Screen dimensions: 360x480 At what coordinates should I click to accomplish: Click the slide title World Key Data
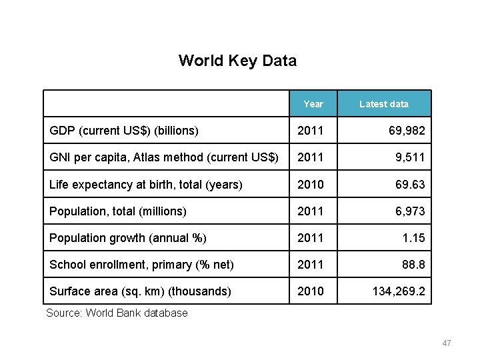tap(237, 61)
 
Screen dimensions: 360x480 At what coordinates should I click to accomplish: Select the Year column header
tap(313, 104)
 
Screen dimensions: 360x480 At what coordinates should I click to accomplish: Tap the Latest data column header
tap(383, 104)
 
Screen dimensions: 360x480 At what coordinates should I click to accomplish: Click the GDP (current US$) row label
tap(124, 131)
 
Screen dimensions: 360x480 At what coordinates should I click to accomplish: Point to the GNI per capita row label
tap(164, 157)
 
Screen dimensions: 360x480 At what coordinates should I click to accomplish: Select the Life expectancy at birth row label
tap(146, 184)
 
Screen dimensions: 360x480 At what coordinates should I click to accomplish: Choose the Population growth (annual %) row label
tap(128, 237)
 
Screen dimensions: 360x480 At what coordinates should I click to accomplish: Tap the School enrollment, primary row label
tap(141, 264)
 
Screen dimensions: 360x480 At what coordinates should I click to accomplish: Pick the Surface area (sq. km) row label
tap(141, 291)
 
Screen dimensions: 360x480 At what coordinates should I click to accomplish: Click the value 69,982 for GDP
tap(407, 131)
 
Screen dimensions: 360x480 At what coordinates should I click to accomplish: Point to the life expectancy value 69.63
tap(410, 184)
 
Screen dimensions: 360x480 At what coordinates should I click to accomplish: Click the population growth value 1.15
tap(413, 237)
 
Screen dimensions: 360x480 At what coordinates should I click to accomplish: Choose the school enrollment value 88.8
tap(413, 264)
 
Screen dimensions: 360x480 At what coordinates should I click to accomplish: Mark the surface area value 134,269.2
tap(399, 291)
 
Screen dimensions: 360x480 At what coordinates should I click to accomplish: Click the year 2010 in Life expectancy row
tap(310, 184)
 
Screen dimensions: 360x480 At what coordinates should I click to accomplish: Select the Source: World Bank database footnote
tap(117, 313)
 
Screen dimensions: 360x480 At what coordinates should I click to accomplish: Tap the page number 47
tap(446, 343)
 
